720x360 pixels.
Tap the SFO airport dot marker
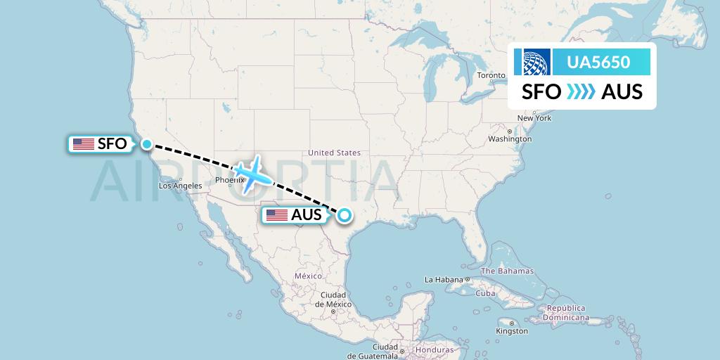coord(146,144)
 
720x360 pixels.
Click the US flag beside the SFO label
coord(84,144)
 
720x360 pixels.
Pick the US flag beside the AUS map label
coord(277,216)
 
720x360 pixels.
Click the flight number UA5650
coord(598,63)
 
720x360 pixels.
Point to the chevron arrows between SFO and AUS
coord(581,92)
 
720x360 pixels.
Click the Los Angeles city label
coord(180,186)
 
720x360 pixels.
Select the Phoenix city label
coord(229,180)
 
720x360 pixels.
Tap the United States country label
coord(334,153)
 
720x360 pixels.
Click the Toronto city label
coord(491,75)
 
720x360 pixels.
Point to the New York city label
coord(534,118)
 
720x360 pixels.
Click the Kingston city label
coord(511,330)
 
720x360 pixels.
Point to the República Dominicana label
coord(567,313)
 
